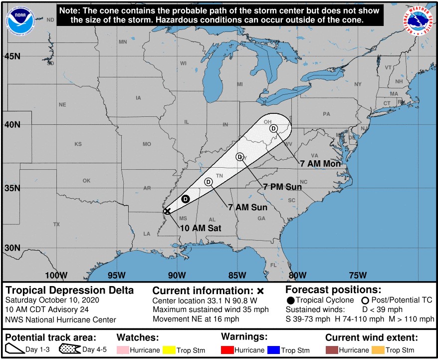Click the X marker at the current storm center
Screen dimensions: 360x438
[167, 211]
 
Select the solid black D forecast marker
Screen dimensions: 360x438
[185, 199]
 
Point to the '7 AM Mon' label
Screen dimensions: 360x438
[320, 163]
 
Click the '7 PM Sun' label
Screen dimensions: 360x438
[282, 187]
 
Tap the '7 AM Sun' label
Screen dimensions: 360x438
[247, 207]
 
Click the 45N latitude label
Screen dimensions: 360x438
[13, 56]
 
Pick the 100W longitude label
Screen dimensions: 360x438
[56, 275]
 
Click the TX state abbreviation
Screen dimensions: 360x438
[56, 225]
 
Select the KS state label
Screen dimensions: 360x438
[78, 144]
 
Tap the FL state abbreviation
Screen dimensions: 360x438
[273, 265]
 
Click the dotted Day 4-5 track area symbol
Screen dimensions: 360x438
[70, 350]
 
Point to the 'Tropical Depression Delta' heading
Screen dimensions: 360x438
[69, 290]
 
